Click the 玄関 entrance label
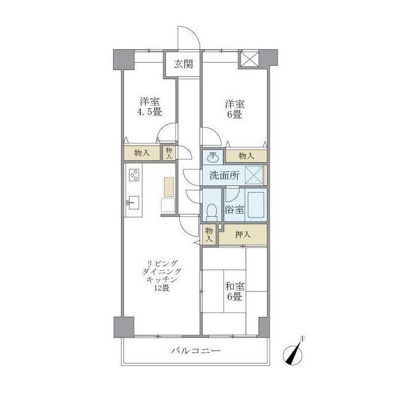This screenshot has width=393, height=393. (x=184, y=64)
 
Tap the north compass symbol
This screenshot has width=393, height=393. (x=294, y=352)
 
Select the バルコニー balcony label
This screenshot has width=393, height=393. (x=195, y=351)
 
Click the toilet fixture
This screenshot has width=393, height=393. (x=212, y=212)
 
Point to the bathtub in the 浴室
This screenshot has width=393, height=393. (x=256, y=205)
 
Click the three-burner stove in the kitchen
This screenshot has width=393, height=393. (x=134, y=175)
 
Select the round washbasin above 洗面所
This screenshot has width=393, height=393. (x=213, y=158)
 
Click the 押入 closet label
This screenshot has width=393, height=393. (x=243, y=235)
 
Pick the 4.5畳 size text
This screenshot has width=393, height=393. (x=149, y=112)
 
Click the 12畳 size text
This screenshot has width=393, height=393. (x=161, y=288)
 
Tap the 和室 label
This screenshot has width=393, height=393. (x=235, y=286)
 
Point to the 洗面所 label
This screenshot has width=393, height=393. (x=224, y=176)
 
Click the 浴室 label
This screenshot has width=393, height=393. (x=234, y=209)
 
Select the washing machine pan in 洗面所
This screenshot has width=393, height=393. (x=254, y=175)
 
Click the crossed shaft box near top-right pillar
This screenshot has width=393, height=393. (x=249, y=59)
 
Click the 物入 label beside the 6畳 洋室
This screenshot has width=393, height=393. (x=246, y=156)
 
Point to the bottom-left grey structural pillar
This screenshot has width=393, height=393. (x=124, y=327)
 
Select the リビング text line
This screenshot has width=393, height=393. (x=162, y=263)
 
